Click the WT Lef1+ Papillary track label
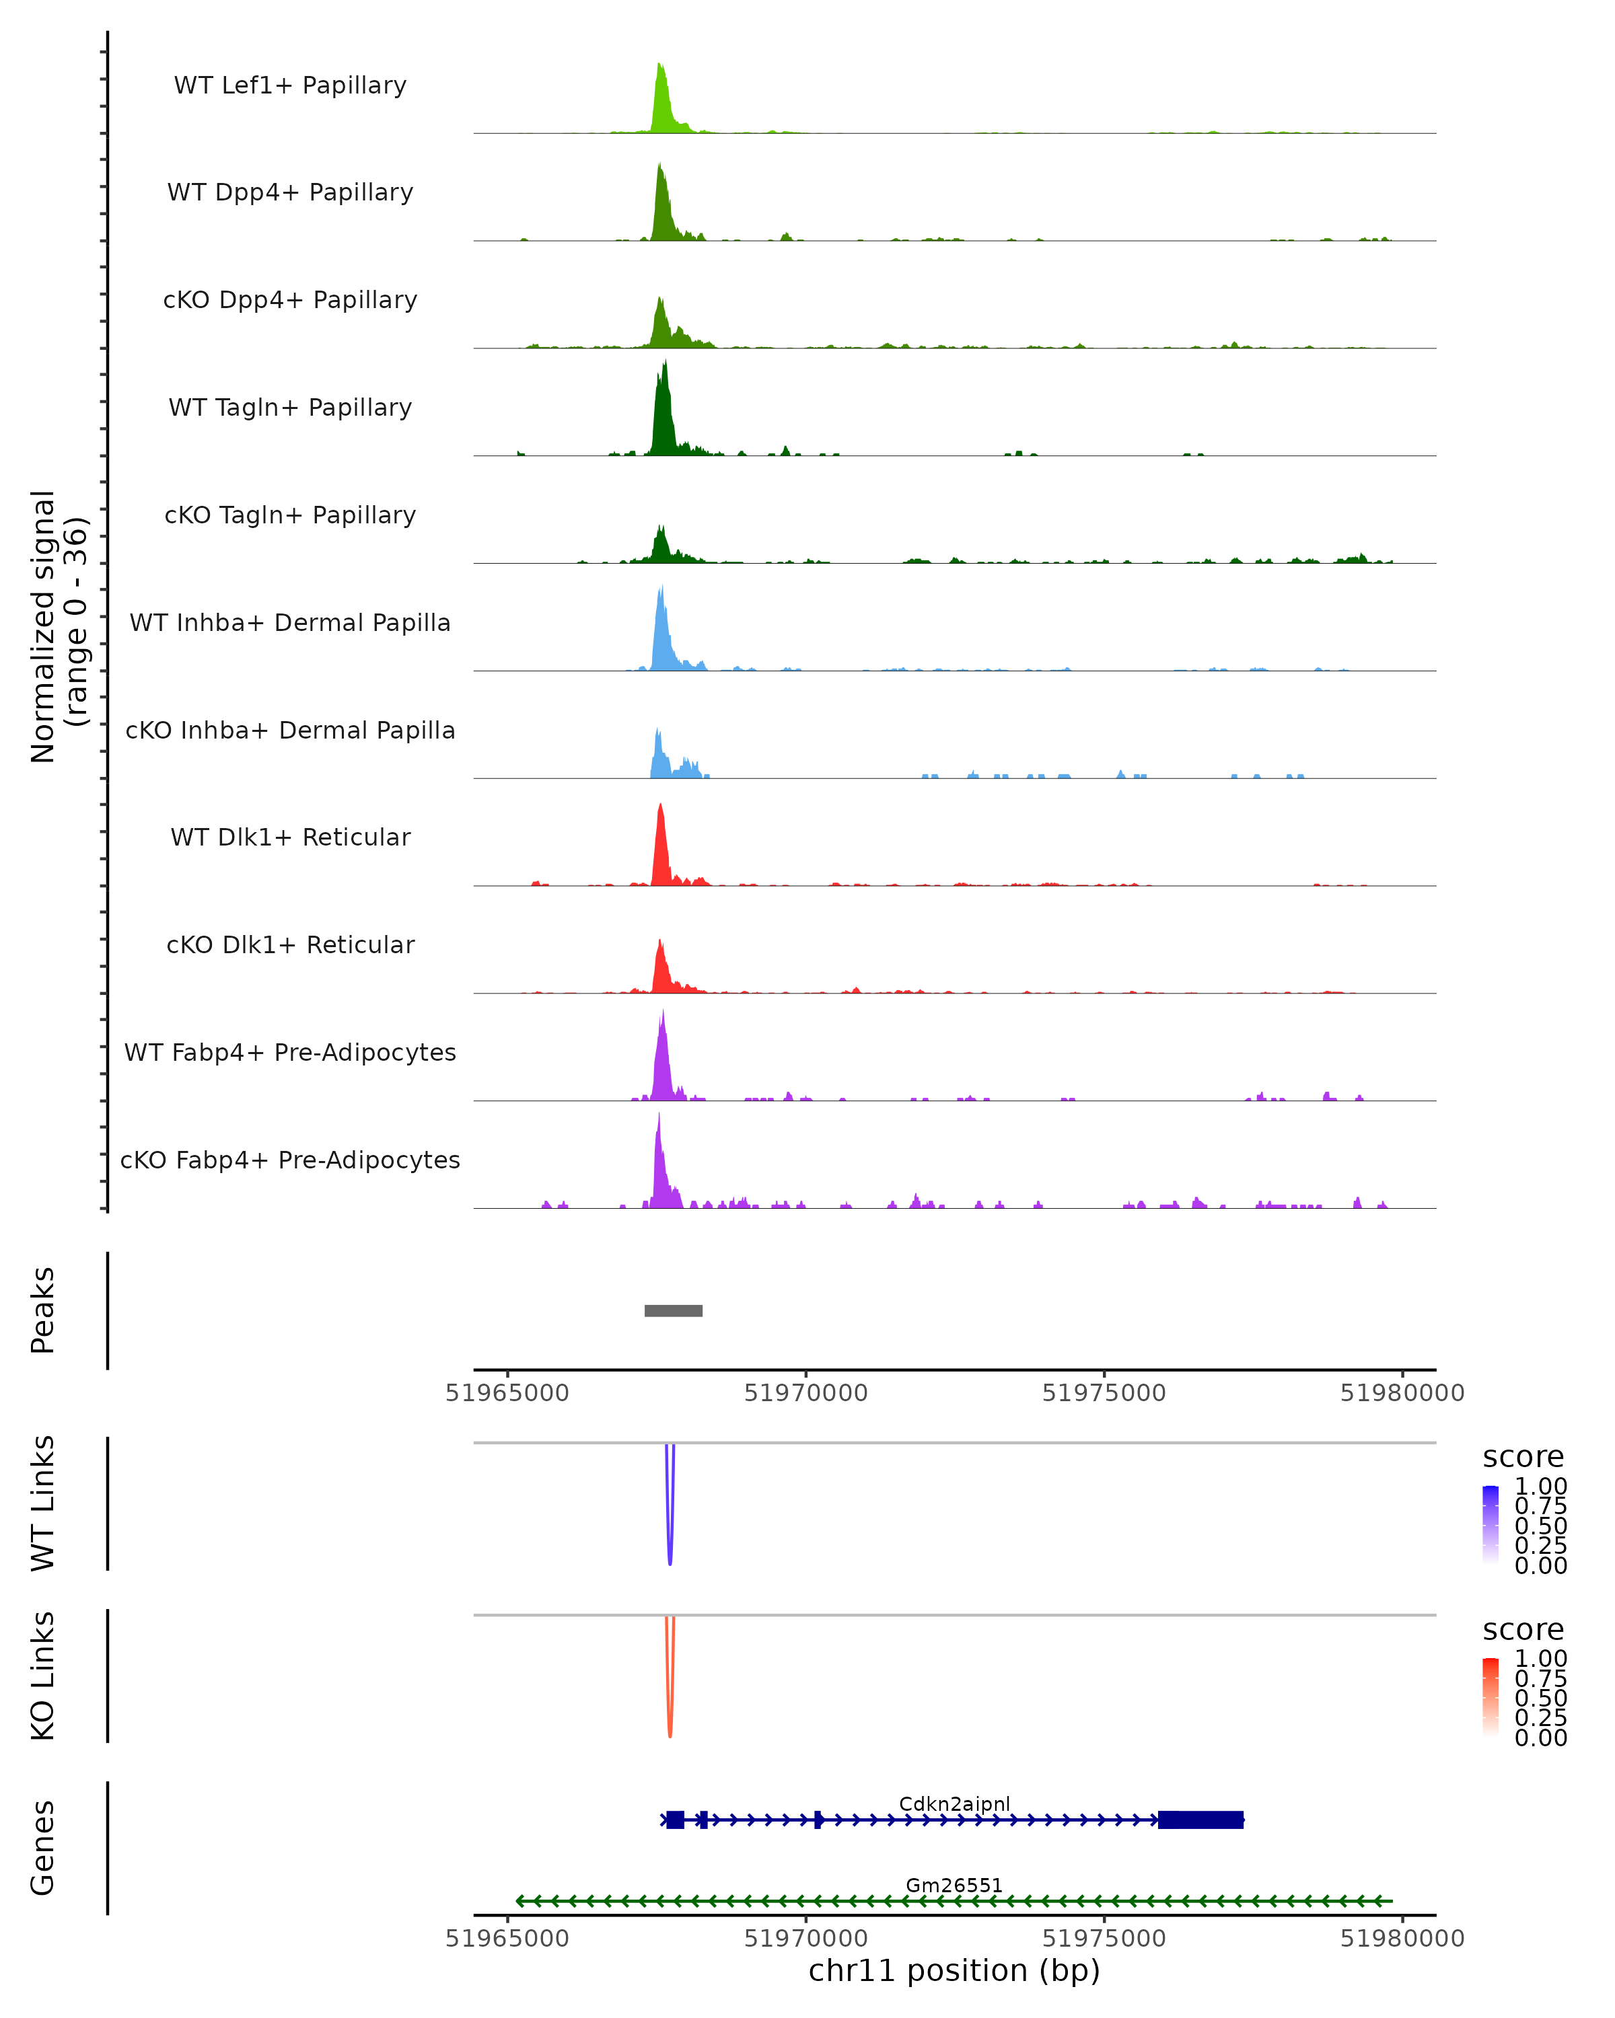[x=290, y=85]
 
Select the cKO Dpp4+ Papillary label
[x=290, y=299]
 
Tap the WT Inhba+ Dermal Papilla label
[x=290, y=622]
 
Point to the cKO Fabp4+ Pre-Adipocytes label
[x=290, y=1160]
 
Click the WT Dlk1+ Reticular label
[x=290, y=837]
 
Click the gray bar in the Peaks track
[x=673, y=1310]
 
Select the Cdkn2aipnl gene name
[x=954, y=1803]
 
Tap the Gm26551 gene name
[x=954, y=1885]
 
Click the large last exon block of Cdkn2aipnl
[x=1200, y=1820]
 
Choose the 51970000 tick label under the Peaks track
[x=806, y=1393]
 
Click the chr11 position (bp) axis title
[x=954, y=1970]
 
